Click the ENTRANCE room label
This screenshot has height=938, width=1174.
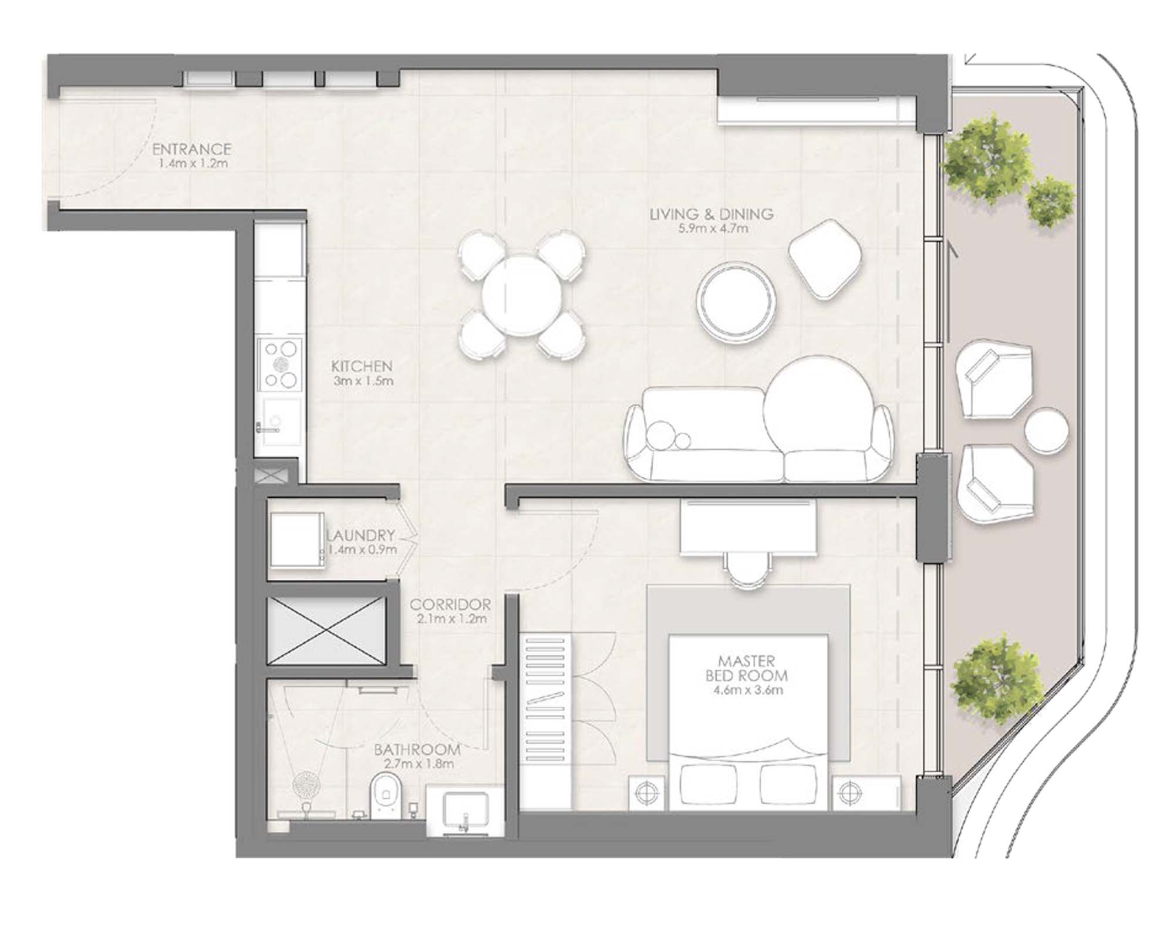click(x=191, y=149)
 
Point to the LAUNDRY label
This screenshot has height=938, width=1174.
click(x=360, y=535)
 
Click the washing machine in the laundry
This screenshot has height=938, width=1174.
click(x=296, y=540)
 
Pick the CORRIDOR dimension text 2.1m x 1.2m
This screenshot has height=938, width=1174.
click(x=450, y=619)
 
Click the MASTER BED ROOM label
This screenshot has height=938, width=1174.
click(x=746, y=668)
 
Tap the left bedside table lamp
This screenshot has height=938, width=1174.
click(x=646, y=794)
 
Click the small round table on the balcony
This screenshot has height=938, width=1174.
click(x=1045, y=430)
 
